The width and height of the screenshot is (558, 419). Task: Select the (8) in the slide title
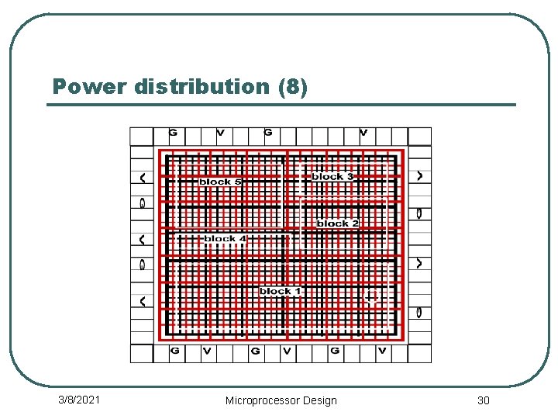click(292, 87)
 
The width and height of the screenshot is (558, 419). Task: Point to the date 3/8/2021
click(79, 400)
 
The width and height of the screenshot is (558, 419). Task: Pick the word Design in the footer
click(319, 400)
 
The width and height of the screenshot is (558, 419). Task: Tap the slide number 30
click(484, 400)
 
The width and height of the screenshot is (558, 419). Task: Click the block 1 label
click(280, 291)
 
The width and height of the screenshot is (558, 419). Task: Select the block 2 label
click(337, 223)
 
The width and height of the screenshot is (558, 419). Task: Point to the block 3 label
click(332, 177)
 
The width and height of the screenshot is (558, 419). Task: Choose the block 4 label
click(225, 238)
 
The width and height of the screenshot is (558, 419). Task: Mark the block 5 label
click(220, 182)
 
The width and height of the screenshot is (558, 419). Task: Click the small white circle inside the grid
click(372, 297)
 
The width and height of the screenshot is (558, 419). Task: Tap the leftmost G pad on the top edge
click(173, 133)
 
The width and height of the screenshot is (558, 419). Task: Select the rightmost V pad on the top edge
click(363, 133)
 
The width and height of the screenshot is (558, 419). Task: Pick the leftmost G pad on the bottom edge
click(175, 351)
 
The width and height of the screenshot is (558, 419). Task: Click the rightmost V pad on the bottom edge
click(382, 351)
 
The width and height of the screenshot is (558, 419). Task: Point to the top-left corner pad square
click(141, 137)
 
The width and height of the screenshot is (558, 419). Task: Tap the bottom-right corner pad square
click(419, 353)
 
